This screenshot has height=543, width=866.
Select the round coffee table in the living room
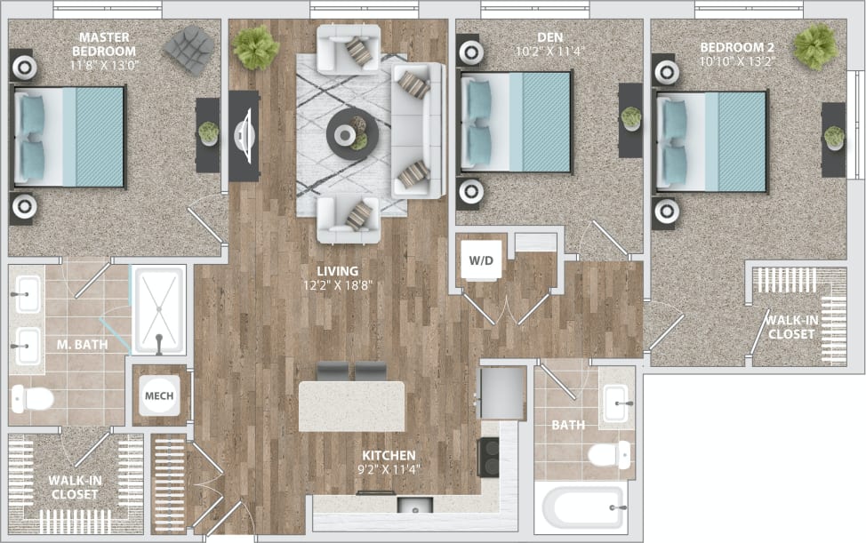click(352, 134)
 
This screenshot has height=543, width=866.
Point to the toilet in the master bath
click(31, 399)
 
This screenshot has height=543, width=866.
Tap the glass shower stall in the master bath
click(159, 308)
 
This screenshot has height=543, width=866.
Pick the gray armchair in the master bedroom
click(188, 48)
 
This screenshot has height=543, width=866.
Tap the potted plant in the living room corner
click(255, 47)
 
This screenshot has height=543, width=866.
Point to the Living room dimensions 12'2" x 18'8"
click(341, 285)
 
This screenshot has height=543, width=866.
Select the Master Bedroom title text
click(105, 44)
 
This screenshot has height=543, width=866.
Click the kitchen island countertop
click(352, 406)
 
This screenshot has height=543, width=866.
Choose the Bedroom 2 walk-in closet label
click(791, 327)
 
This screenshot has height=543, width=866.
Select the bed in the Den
click(516, 122)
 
